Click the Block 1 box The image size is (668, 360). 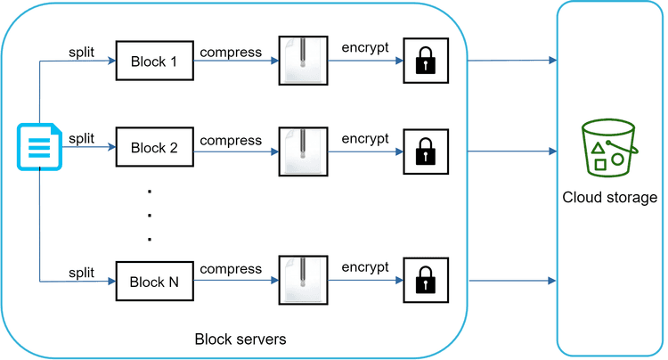[x=154, y=61]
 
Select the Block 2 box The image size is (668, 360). [x=154, y=148]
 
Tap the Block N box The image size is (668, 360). [x=154, y=282]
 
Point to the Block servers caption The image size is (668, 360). [x=240, y=340]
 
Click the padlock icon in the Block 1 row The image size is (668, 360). [x=424, y=61]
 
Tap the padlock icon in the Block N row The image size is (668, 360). [x=424, y=281]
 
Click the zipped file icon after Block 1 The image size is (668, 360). [x=301, y=61]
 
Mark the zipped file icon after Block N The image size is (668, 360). [x=301, y=281]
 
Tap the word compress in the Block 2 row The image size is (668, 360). [x=231, y=141]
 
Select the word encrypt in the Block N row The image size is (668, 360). [x=365, y=266]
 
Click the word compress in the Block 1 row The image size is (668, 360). [x=231, y=52]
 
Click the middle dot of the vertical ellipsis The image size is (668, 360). [x=150, y=215]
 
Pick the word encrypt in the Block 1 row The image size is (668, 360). [x=365, y=48]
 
